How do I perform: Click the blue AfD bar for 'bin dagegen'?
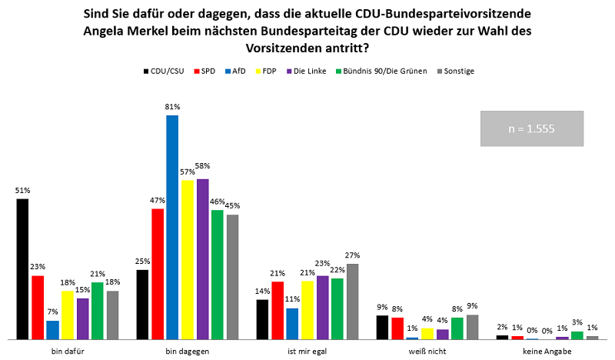[x=172, y=227]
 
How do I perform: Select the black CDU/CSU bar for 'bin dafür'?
[x=22, y=268]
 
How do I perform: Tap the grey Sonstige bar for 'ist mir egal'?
[x=352, y=301]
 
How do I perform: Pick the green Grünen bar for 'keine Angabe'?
[x=577, y=335]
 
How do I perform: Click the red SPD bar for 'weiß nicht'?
[x=397, y=328]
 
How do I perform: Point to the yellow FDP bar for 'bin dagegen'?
[x=188, y=259]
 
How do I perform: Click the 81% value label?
[x=172, y=107]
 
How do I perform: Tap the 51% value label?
[x=22, y=190]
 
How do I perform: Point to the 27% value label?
[x=352, y=255]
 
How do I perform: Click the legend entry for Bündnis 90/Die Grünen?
[x=380, y=72]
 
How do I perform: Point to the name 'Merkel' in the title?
[x=167, y=32]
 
